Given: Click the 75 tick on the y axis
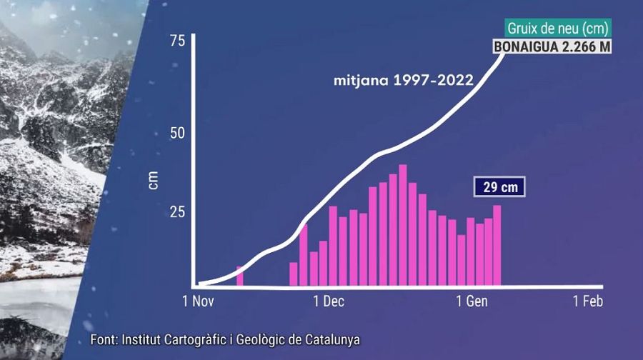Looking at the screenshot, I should (x=177, y=41).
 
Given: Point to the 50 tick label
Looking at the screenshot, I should (x=177, y=133).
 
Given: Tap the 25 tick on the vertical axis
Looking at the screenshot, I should (x=177, y=212).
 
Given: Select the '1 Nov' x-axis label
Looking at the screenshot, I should (x=199, y=301).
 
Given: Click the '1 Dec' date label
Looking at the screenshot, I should (x=328, y=301).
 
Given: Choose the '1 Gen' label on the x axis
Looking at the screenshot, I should (x=472, y=301).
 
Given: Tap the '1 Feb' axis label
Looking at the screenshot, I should (x=588, y=301).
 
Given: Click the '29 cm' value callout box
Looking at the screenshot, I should (x=498, y=187).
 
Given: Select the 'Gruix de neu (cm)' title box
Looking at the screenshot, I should (x=558, y=29).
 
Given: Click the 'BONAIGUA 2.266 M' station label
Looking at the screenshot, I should (x=552, y=47).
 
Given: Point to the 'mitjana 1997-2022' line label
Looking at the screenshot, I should (x=403, y=80).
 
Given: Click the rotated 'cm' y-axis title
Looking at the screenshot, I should (x=153, y=180).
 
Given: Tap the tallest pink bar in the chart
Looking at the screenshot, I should (x=403, y=225).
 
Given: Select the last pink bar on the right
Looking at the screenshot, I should (x=497, y=245).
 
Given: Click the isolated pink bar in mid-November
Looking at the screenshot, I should (x=240, y=276).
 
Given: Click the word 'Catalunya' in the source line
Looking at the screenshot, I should (x=329, y=339).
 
